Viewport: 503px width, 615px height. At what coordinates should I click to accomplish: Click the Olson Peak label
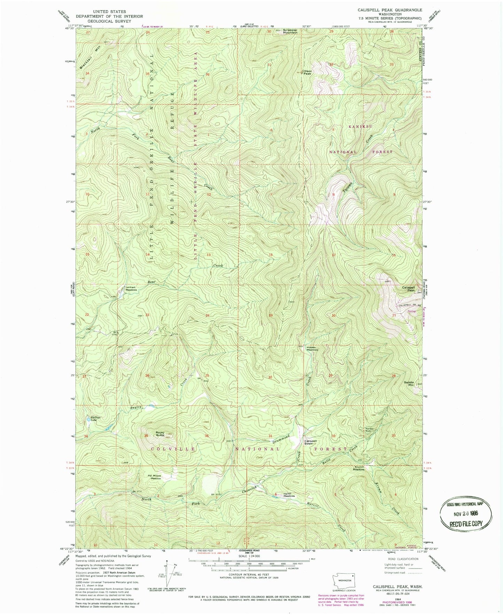point(308,72)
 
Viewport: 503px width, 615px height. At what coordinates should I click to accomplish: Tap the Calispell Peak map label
point(408,289)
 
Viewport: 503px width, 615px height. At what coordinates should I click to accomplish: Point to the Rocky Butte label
point(160,434)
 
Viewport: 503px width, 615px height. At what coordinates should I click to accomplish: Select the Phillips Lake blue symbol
point(88,420)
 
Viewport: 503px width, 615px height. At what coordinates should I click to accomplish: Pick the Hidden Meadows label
point(312,349)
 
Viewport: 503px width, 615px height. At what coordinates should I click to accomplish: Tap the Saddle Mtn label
point(409,384)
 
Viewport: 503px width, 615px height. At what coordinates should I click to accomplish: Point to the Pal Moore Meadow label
point(154,477)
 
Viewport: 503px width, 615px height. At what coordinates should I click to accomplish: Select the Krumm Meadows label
point(359,468)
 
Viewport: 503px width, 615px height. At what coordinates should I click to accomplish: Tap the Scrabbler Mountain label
point(290,31)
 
